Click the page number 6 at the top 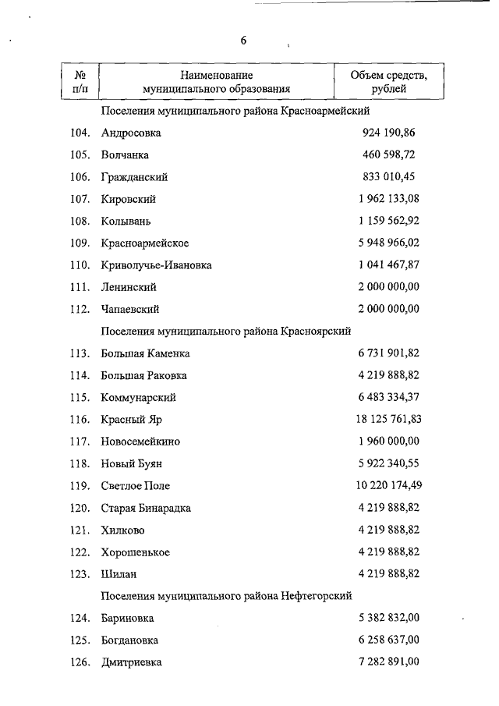243,41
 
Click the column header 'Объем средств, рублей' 388,82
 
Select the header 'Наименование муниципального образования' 216,82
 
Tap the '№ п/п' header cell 80,82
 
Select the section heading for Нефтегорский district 226,595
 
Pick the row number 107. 80,199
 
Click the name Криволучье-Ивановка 156,265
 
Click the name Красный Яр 131,420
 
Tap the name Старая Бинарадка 146,508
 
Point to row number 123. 80,573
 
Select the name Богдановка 129,640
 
